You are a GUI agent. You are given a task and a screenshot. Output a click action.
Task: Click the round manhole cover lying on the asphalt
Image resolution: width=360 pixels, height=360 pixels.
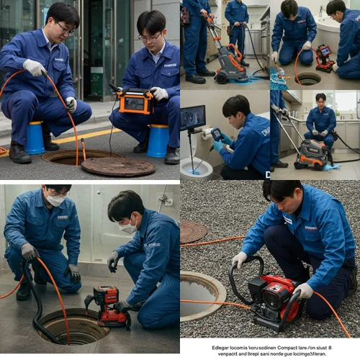pyautogui.click(x=117, y=166)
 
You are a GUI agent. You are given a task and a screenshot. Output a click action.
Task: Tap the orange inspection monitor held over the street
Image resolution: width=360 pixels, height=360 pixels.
pyautogui.click(x=136, y=101)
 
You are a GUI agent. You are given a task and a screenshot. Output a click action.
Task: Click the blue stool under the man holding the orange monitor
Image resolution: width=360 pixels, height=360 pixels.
pyautogui.click(x=158, y=140)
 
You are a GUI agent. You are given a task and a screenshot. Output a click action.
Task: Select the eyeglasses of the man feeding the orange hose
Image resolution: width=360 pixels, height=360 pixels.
pyautogui.click(x=63, y=30)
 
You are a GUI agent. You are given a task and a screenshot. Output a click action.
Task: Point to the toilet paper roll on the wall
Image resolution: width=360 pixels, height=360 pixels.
pyautogui.click(x=207, y=133)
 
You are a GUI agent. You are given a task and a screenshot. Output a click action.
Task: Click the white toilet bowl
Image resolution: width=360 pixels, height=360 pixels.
pyautogui.click(x=196, y=168)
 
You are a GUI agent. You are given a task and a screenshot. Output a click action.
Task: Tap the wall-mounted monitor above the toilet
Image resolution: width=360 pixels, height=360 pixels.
pyautogui.click(x=192, y=117)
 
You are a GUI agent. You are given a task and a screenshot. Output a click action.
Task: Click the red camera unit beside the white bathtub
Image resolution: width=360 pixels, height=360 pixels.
pyautogui.click(x=324, y=58)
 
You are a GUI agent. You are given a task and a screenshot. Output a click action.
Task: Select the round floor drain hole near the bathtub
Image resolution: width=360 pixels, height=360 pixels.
pyautogui.click(x=307, y=78)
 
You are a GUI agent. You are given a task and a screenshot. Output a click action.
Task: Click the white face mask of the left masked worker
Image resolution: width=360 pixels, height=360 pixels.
pyautogui.click(x=55, y=200)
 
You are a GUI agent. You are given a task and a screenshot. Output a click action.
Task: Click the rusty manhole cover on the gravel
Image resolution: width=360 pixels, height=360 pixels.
pyautogui.click(x=192, y=231)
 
